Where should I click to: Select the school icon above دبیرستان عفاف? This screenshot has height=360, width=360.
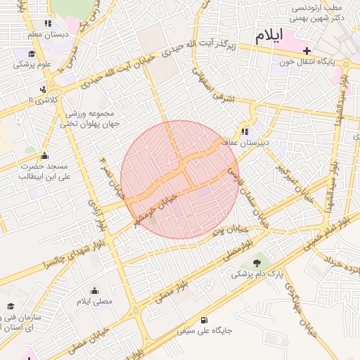tap(245, 131)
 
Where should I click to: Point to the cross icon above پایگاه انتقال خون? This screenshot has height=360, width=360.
tap(307, 51)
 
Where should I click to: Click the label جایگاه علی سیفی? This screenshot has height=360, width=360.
tap(205, 329)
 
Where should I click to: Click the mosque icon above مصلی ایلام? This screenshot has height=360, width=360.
tap(95, 290)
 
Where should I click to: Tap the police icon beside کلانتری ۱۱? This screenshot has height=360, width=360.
tap(44, 89)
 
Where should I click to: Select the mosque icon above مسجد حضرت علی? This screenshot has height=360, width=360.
tap(45, 156)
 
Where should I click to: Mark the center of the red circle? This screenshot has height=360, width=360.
tap(179, 180)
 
